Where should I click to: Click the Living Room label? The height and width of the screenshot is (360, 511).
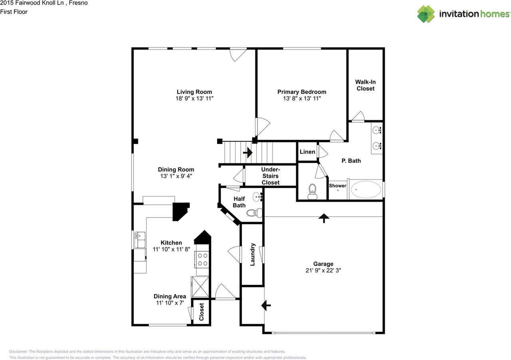tap(194, 92)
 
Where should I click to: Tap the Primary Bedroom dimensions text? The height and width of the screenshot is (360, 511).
tap(301, 98)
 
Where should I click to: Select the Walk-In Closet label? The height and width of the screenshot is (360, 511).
tap(366, 85)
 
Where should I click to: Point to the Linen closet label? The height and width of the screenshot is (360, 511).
tap(307, 152)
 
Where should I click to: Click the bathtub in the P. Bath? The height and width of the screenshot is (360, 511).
tap(366, 189)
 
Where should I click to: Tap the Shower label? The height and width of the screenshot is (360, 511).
tap(337, 186)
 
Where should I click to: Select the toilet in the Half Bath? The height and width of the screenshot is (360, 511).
tap(253, 213)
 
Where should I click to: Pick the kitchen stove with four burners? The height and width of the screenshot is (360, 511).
tap(202, 259)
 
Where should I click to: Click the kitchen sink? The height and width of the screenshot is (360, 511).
tap(140, 241)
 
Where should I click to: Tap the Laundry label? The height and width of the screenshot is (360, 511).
tap(252, 255)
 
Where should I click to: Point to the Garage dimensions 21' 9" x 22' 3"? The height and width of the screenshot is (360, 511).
tap(323, 270)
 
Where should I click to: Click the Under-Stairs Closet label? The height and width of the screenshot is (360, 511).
tap(270, 176)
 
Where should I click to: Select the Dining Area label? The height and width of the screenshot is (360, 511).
tap(170, 296)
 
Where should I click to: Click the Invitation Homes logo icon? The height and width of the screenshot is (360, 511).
tap(426, 14)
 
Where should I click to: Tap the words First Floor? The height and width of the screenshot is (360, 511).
tap(14, 12)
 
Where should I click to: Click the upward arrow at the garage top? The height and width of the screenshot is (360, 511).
tap(323, 218)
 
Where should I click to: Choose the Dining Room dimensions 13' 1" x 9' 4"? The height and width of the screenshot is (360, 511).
tap(176, 176)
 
